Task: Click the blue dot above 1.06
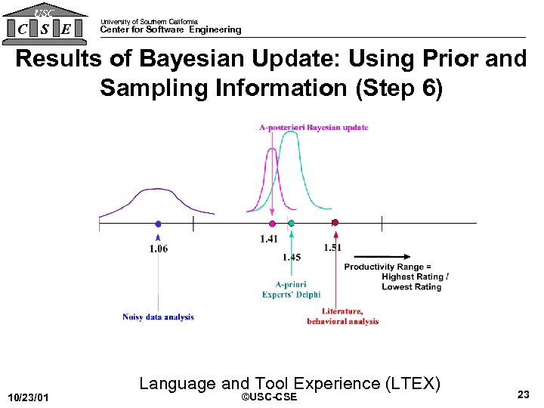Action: click(x=158, y=224)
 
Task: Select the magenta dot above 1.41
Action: click(x=272, y=224)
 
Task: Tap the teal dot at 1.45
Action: click(x=291, y=224)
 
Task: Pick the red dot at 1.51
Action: click(x=335, y=223)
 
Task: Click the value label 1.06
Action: click(x=159, y=249)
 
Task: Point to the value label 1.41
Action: click(x=269, y=239)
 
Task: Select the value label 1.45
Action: click(x=292, y=257)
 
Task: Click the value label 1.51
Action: click(x=332, y=247)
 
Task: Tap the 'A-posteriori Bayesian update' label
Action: click(x=314, y=127)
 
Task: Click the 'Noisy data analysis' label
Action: click(x=158, y=317)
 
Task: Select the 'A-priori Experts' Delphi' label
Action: click(x=291, y=289)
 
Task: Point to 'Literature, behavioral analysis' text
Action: click(x=342, y=317)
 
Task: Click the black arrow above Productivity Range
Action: click(x=384, y=256)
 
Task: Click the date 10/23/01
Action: click(x=28, y=397)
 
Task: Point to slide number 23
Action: click(x=523, y=394)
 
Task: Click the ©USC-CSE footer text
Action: click(x=267, y=397)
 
